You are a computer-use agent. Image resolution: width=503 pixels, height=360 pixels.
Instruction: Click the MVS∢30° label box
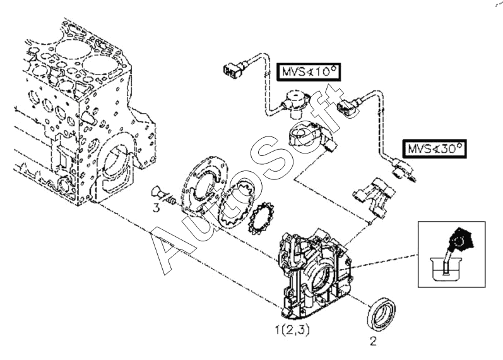pyautogui.click(x=434, y=148)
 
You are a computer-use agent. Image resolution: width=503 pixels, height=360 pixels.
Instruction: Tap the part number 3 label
pyautogui.click(x=157, y=208)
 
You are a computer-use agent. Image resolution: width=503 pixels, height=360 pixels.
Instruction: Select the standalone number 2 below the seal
pyautogui.click(x=373, y=341)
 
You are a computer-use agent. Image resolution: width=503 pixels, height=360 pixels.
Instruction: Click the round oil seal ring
pyautogui.click(x=381, y=313)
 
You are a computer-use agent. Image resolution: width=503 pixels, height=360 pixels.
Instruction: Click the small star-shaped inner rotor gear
pyautogui.click(x=260, y=219)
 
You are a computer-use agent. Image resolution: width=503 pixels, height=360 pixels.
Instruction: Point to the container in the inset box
pyautogui.click(x=446, y=270)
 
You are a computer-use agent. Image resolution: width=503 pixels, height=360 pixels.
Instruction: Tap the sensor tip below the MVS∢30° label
pyautogui.click(x=404, y=171)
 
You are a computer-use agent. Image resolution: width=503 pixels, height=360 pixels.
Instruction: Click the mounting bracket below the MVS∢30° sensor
pyautogui.click(x=374, y=198)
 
